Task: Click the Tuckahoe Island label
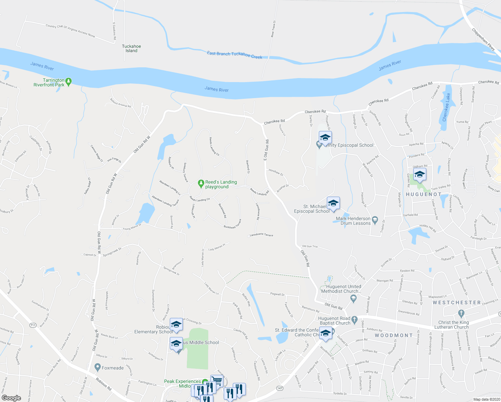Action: [131, 49]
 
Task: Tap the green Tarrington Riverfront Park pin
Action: [68, 81]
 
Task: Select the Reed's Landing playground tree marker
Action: [201, 183]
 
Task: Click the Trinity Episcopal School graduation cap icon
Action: [325, 137]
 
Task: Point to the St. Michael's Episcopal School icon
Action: [333, 203]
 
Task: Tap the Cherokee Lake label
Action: [446, 107]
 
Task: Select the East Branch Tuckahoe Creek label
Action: [234, 55]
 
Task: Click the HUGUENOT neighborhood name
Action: [424, 194]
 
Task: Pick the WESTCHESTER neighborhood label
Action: [456, 303]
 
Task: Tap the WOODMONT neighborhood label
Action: [393, 335]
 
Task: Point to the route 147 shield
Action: [280, 388]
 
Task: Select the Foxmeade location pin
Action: [97, 367]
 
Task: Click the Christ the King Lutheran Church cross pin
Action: [461, 314]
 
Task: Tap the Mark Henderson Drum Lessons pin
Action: [375, 220]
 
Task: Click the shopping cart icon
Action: [217, 381]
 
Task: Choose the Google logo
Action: [11, 398]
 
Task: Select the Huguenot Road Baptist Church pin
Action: [355, 319]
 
